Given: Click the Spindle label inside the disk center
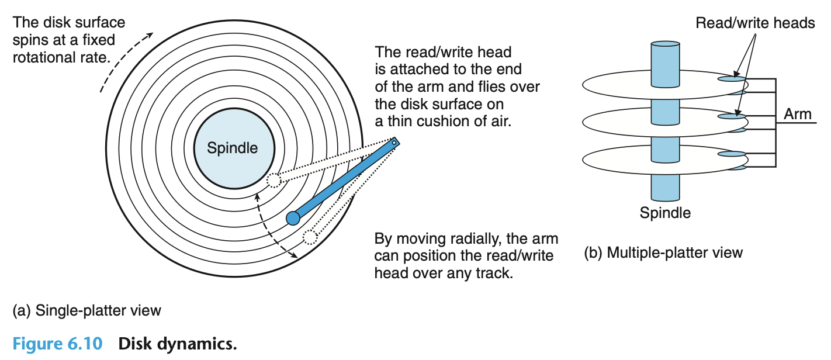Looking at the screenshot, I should point(232,148).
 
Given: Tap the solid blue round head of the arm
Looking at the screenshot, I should point(293,218).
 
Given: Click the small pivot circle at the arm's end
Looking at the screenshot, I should point(394,141).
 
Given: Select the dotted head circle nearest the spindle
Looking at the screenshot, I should point(273,179).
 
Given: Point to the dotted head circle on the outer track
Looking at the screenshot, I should point(309,237).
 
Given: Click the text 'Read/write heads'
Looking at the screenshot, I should point(755,23).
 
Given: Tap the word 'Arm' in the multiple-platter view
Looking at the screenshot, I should point(797,113).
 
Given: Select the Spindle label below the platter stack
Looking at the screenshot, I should point(665,213).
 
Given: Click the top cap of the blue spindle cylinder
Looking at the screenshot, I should point(665,45).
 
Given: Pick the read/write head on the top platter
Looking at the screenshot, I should point(731,78).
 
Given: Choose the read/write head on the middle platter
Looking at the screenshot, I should point(731,117).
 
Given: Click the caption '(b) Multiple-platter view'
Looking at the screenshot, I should point(663,252).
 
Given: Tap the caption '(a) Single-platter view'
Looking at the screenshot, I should point(86,310).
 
